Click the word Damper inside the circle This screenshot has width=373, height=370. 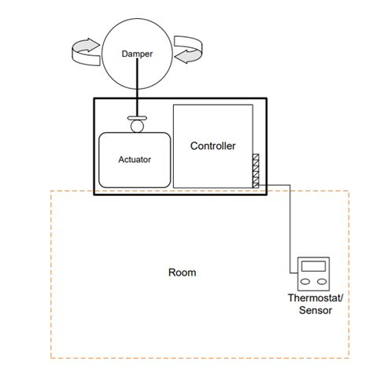pos(138,54)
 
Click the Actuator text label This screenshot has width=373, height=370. pos(134,160)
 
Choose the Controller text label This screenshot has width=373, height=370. pos(212,146)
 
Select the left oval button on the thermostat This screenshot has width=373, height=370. pos(305,280)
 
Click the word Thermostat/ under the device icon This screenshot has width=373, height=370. pos(313,299)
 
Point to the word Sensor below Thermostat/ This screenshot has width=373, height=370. pos(313,310)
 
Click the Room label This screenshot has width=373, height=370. pos(182,273)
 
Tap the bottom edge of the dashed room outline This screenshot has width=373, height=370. pos(197,358)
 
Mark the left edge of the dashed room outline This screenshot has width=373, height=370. pos(51,276)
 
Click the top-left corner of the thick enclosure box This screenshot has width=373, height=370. pos(94,98)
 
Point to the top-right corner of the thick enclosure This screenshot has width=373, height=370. pos(268,98)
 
